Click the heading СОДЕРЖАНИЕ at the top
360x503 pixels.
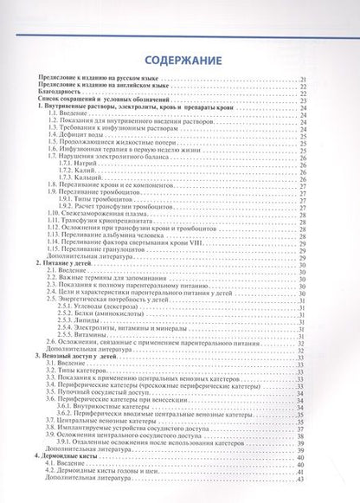pyautogui.click(x=180, y=62)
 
